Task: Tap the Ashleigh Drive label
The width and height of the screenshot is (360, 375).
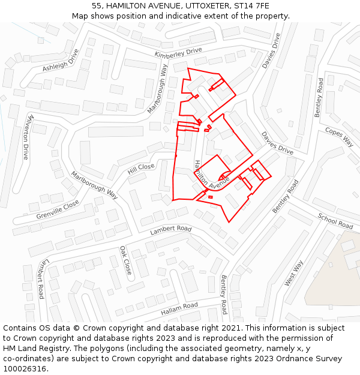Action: pos(61,61)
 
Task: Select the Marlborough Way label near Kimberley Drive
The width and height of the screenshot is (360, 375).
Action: pos(158,89)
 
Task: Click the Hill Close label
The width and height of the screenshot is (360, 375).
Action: pos(141,169)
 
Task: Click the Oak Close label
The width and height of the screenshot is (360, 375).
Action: pos(125,260)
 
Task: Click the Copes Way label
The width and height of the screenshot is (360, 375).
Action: pos(339,136)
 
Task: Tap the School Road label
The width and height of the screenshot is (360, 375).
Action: pos(335,221)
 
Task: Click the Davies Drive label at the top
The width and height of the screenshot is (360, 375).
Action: pos(271,50)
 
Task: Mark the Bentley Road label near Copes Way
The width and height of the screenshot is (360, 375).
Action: pos(319,97)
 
